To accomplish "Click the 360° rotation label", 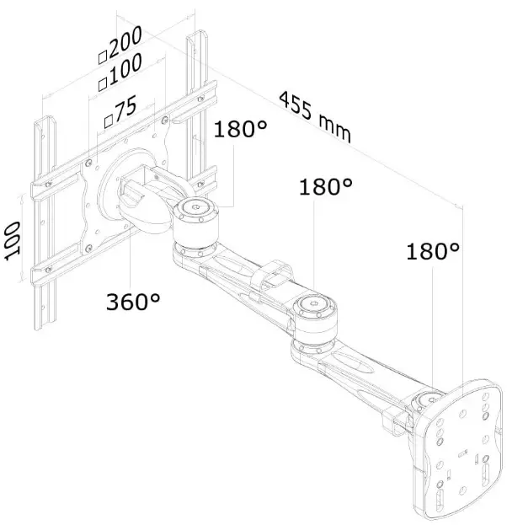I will pyautogui.click(x=132, y=301).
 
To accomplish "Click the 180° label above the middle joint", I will pyautogui.click(x=325, y=186).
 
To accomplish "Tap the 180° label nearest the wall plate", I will pyautogui.click(x=433, y=250).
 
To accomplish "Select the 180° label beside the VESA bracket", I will pyautogui.click(x=240, y=130).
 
